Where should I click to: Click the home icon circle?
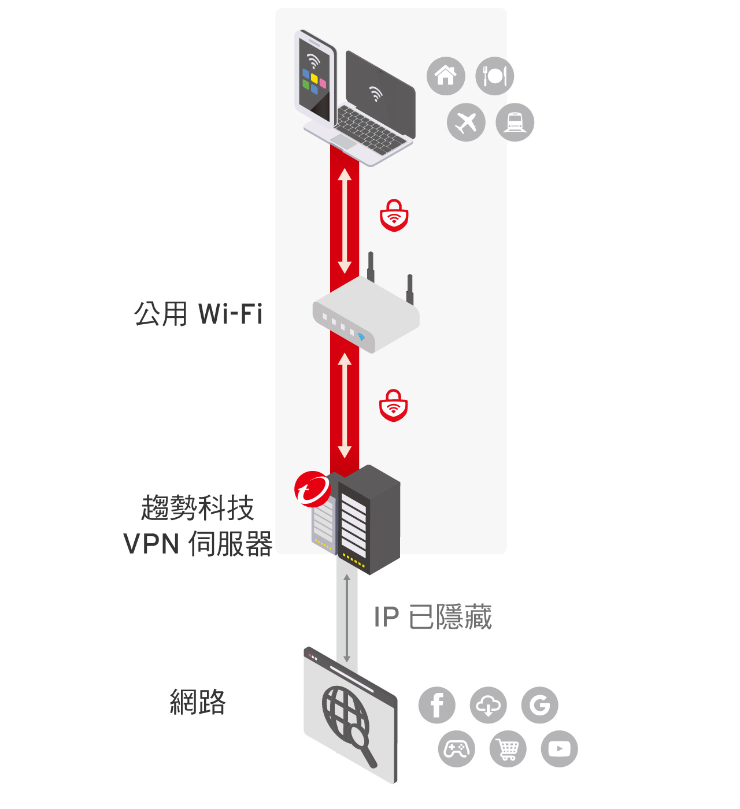pyautogui.click(x=446, y=76)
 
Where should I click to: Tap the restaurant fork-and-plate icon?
pyautogui.click(x=495, y=76)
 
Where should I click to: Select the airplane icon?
pyautogui.click(x=466, y=122)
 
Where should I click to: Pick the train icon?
pyautogui.click(x=515, y=122)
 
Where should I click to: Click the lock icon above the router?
pyautogui.click(x=394, y=216)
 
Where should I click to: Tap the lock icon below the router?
pyautogui.click(x=394, y=406)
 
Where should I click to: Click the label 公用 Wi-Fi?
pyautogui.click(x=198, y=314)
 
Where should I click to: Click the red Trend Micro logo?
pyautogui.click(x=312, y=489)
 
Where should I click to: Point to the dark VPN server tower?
pyautogui.click(x=369, y=520)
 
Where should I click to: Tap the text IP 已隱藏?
pyautogui.click(x=432, y=617)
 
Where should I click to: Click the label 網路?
pyautogui.click(x=198, y=702)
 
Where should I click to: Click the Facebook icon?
pyautogui.click(x=437, y=705)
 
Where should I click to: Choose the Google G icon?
pyautogui.click(x=540, y=705)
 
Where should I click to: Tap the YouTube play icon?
pyautogui.click(x=559, y=749)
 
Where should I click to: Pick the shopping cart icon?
pyautogui.click(x=508, y=749)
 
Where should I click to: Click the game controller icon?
pyautogui.click(x=457, y=749)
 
